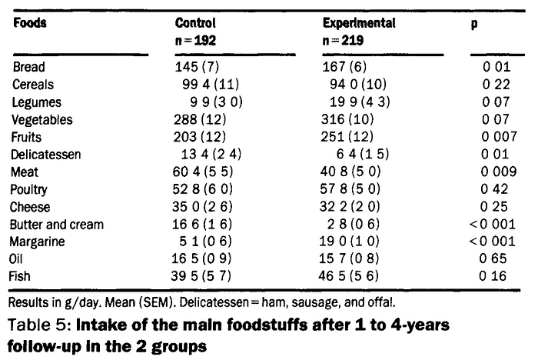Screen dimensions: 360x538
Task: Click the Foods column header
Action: pyautogui.click(x=30, y=22)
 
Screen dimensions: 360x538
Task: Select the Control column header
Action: pyautogui.click(x=195, y=22)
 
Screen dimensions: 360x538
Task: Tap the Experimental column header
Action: pyautogui.click(x=359, y=22)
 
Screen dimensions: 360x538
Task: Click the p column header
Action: pyautogui.click(x=473, y=23)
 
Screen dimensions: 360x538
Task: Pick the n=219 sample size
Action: pyautogui.click(x=344, y=38)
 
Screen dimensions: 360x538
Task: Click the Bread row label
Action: pyautogui.click(x=29, y=68)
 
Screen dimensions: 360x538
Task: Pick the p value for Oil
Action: pyautogui.click(x=493, y=259)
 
